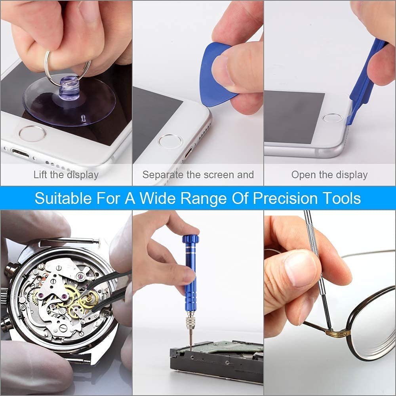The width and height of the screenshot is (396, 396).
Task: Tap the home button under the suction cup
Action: (32, 133)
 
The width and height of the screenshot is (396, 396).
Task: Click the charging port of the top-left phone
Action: (20, 153)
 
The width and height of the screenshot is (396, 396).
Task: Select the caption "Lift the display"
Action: (66, 175)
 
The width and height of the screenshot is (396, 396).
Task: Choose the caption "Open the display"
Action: (329, 175)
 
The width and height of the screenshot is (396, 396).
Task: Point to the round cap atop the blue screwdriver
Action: (190, 240)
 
